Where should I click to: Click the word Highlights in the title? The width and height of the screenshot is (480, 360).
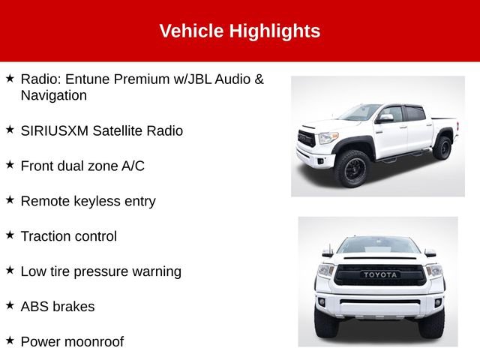(274, 31)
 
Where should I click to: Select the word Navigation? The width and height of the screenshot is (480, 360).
(54, 95)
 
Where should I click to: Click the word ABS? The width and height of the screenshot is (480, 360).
(34, 307)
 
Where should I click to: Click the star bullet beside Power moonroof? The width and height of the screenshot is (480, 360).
(10, 340)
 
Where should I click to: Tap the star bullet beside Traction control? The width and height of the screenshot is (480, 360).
(10, 235)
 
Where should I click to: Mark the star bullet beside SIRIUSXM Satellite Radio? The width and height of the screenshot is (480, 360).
(10, 129)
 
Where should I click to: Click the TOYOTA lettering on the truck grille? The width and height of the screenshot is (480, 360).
(382, 274)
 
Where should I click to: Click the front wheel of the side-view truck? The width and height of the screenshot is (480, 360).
(352, 170)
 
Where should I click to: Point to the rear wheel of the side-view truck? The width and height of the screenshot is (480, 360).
(442, 146)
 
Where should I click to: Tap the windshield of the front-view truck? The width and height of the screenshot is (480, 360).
(379, 245)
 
